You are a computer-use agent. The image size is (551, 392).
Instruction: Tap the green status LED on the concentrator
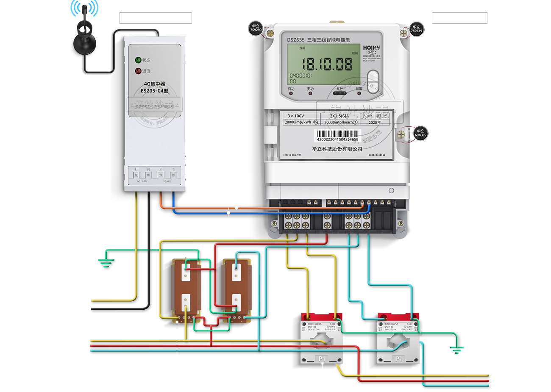tap(138, 60)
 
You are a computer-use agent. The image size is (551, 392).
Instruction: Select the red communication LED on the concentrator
tap(138, 71)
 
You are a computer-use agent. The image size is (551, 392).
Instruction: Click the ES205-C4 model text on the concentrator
tap(154, 91)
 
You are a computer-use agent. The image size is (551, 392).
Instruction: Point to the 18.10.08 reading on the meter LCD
tap(327, 64)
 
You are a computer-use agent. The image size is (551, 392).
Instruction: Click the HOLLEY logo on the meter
tap(371, 47)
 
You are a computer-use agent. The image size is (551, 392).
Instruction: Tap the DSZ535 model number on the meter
tap(295, 40)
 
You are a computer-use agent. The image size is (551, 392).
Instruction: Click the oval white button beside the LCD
tap(373, 81)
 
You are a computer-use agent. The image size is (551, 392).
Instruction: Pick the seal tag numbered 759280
tap(256, 28)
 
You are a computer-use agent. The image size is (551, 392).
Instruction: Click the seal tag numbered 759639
tap(416, 29)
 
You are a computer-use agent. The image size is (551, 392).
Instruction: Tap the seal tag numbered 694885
tap(420, 133)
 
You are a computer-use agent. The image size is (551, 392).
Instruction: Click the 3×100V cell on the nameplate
tap(296, 116)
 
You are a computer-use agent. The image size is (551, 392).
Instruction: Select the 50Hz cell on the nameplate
tap(367, 116)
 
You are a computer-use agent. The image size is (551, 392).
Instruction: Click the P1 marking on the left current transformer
tap(322, 359)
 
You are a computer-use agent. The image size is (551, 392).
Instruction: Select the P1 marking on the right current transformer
tap(398, 359)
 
